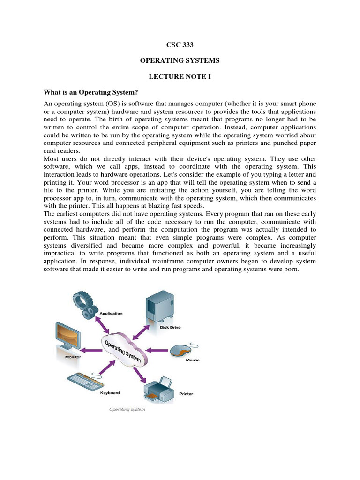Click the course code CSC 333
(180, 45)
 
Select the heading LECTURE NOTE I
(180, 76)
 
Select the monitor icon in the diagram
(67, 337)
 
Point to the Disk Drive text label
(170, 327)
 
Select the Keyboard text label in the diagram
(110, 393)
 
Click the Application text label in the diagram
(111, 313)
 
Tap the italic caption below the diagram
(127, 409)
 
